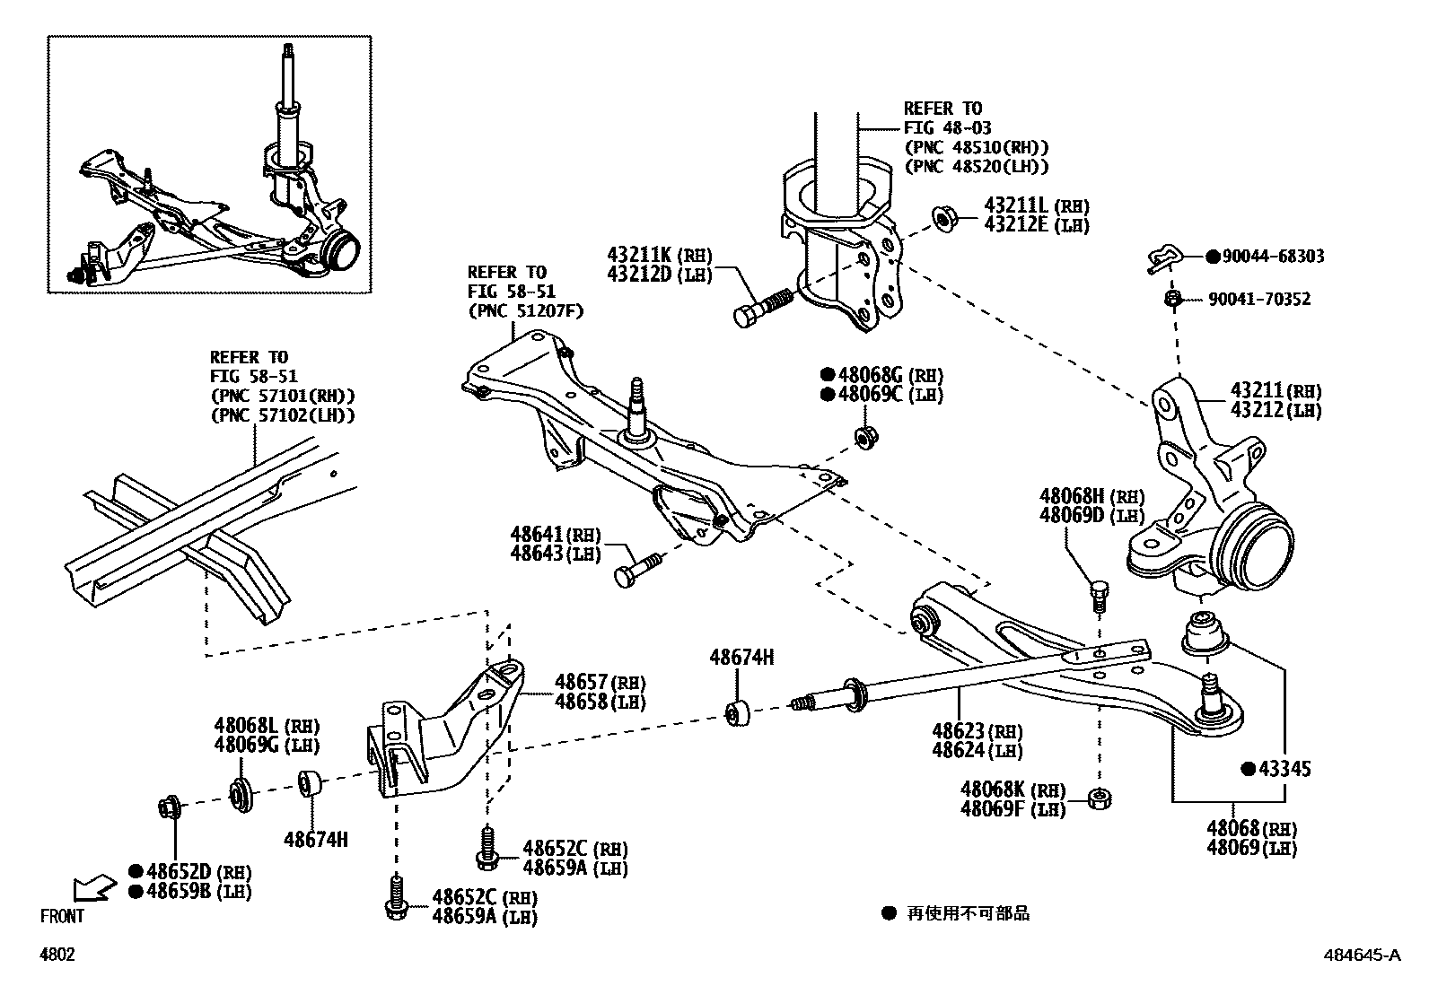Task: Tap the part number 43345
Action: (x=1284, y=769)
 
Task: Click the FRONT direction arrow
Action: (x=93, y=887)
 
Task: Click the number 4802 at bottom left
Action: (x=57, y=955)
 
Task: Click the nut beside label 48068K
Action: (x=1099, y=797)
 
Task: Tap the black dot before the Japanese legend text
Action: (x=888, y=913)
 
